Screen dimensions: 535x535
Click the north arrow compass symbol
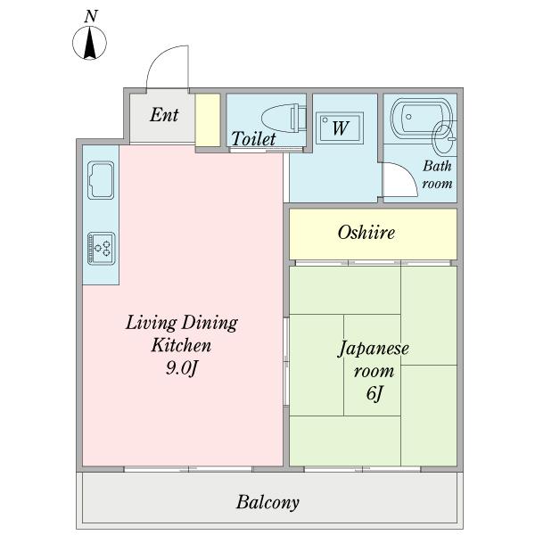coord(90,44)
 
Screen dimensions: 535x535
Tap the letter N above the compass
coord(90,15)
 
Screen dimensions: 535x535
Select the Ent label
coord(163,115)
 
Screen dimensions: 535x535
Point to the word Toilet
coord(253,139)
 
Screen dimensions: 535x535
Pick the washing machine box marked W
coord(340,128)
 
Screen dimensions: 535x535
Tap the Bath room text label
coord(437,174)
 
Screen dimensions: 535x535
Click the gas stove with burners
coord(101,247)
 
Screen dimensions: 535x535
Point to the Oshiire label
coord(366,233)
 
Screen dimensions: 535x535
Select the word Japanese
coord(373,348)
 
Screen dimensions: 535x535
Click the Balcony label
coord(267,502)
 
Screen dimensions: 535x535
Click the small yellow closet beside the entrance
coord(207,119)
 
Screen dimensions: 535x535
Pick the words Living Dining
coord(181,322)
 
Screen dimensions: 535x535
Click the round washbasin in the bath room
coord(442,138)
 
